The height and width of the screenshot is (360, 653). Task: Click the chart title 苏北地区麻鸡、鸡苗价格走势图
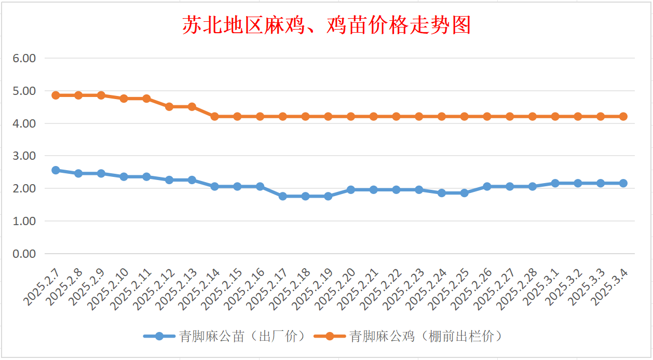click(326, 25)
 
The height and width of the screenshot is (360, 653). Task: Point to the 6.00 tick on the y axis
click(24, 58)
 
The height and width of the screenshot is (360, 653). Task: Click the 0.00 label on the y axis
click(24, 254)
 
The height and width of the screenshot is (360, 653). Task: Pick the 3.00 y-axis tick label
click(24, 156)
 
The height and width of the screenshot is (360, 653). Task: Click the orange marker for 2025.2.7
click(56, 95)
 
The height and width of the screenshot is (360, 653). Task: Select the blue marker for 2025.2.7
click(56, 170)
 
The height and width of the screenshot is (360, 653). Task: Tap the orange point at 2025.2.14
click(214, 117)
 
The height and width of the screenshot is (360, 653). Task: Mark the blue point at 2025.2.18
click(305, 196)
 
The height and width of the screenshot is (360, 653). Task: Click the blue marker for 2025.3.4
click(623, 183)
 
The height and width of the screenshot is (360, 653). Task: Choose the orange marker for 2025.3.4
click(623, 117)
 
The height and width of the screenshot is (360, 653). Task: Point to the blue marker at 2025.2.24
click(442, 193)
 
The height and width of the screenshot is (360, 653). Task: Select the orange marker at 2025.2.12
click(169, 107)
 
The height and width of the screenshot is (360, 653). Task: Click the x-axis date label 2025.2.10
click(109, 288)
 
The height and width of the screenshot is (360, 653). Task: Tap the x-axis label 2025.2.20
click(336, 288)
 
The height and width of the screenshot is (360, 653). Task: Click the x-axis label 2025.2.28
click(518, 288)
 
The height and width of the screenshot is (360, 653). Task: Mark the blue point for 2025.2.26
click(487, 186)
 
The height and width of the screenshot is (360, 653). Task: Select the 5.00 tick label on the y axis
click(24, 91)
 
